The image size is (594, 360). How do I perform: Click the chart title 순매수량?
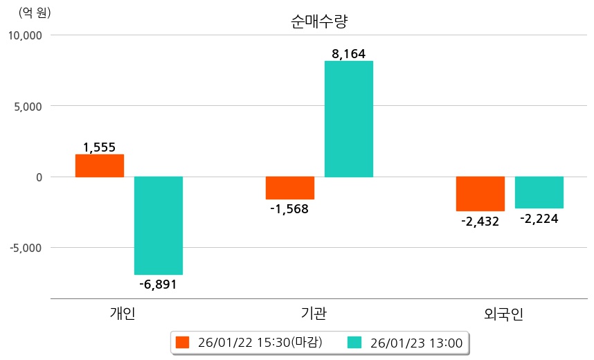pos(319,21)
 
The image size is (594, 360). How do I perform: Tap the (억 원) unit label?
pos(35,12)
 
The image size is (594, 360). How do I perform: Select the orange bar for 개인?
pos(100,165)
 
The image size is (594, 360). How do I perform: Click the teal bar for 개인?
pos(159,226)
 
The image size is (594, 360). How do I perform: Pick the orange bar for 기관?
pos(290,188)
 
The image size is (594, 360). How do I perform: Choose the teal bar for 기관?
pos(349,119)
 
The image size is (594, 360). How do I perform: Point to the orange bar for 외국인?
pos(480,194)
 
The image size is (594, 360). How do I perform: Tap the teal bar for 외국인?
pos(539,192)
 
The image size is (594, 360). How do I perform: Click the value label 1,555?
pos(100,147)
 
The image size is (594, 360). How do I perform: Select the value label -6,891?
pos(158,284)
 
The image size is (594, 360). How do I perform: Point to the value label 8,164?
pos(348,53)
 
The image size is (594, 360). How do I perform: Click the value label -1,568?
pos(289,208)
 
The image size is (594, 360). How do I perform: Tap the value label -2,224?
pos(539,218)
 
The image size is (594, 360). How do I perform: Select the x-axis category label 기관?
pos(314,314)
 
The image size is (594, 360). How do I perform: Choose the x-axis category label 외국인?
pos(504,314)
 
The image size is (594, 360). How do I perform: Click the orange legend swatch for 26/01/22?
pos(182,342)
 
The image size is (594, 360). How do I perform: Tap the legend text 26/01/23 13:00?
pos(416,342)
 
